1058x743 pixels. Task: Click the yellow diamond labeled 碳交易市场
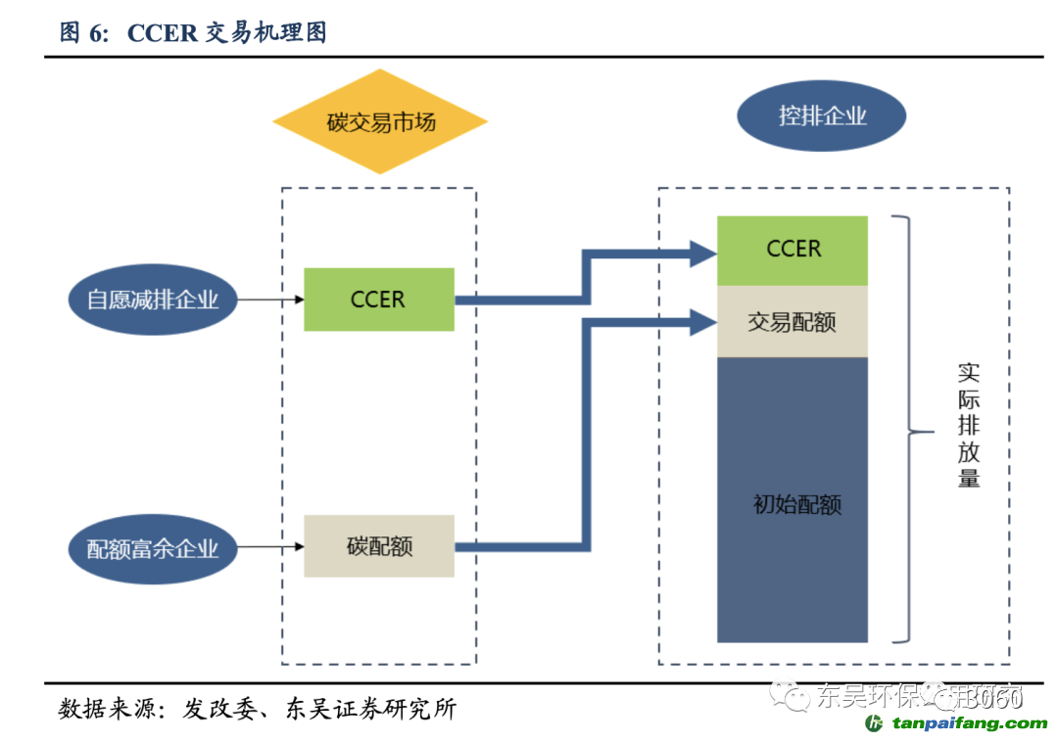380,122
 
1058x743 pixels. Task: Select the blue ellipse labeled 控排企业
821,116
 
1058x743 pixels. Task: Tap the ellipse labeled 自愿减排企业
153,300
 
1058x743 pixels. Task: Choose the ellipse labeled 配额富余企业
153,547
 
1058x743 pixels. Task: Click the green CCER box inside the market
378,300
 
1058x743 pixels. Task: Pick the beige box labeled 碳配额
378,546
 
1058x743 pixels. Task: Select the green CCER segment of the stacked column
793,250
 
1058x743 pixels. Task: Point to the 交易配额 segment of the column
793,321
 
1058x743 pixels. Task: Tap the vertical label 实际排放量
968,426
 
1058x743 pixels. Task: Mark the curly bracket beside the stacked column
906,431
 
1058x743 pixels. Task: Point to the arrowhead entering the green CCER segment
703,253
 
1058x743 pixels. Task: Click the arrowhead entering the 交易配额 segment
703,321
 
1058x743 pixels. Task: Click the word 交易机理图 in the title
265,33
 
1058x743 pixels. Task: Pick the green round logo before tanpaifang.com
875,723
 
